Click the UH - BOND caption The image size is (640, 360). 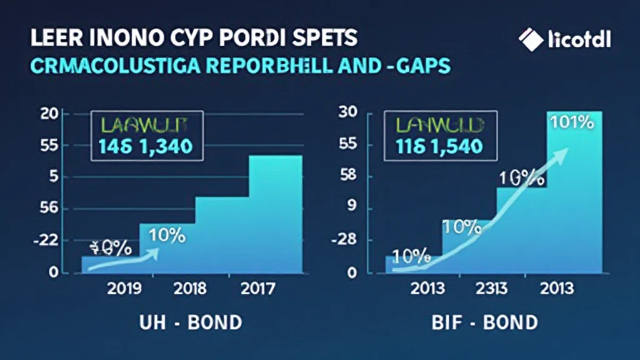pyautogui.click(x=189, y=322)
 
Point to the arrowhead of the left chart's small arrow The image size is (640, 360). pyautogui.click(x=155, y=251)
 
